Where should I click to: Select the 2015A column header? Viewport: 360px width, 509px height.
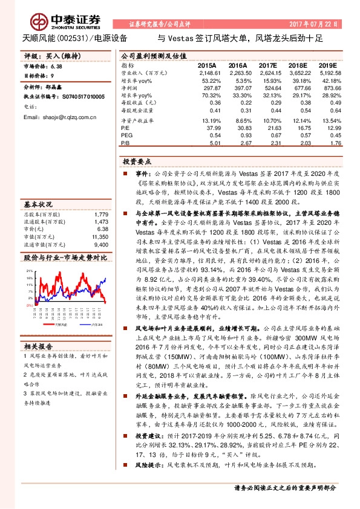(206, 65)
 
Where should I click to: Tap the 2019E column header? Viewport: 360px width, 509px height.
(327, 65)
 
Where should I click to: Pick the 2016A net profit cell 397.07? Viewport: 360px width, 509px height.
(240, 88)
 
